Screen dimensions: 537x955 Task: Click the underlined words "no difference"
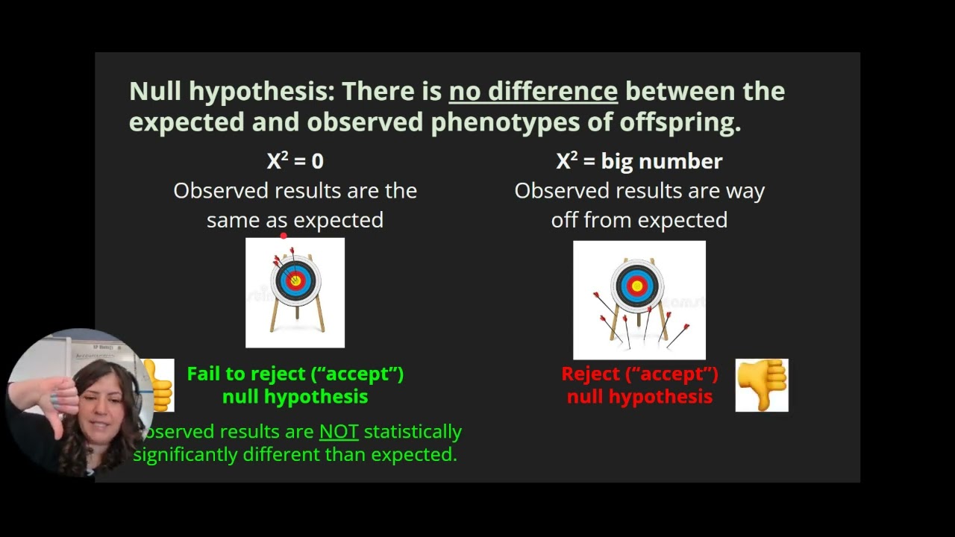pos(533,92)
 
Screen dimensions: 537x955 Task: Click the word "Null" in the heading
pos(155,92)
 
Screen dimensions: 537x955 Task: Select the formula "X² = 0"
pos(295,161)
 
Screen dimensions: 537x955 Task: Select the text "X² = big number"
pos(639,161)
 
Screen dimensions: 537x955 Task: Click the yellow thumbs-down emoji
pos(762,385)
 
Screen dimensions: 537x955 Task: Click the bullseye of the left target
pos(295,280)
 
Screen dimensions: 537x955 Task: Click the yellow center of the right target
pos(637,286)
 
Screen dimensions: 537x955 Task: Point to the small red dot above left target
pos(284,236)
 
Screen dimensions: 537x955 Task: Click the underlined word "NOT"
pos(339,432)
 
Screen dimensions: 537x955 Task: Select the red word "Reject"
pos(591,374)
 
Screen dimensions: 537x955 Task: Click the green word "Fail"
pos(204,374)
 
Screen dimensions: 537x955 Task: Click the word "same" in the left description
pos(234,220)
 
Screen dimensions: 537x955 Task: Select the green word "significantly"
pos(185,454)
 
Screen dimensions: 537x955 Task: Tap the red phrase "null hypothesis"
pos(639,397)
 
